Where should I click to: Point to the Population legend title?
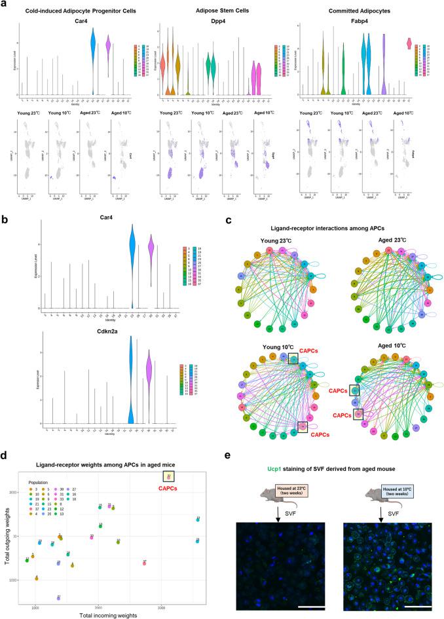coord(40,481)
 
